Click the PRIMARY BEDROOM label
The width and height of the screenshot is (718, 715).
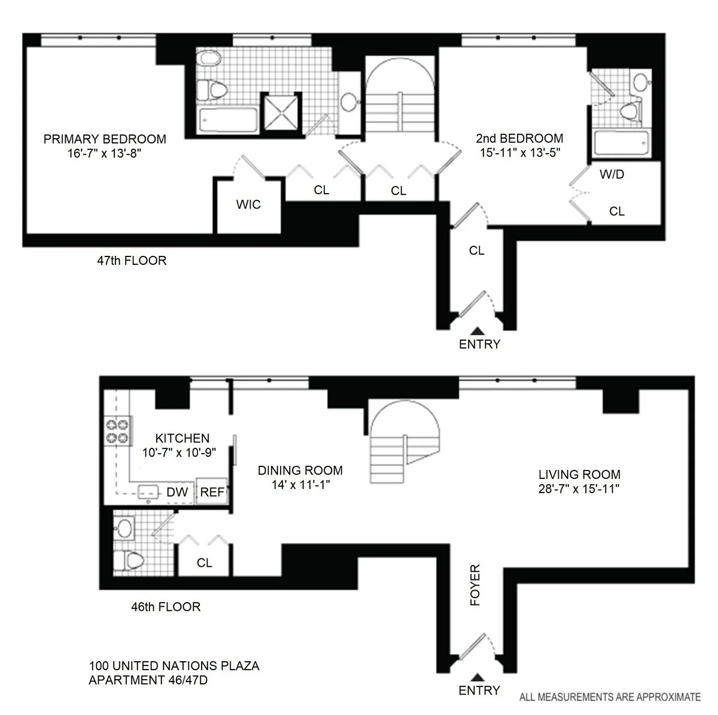point(105,139)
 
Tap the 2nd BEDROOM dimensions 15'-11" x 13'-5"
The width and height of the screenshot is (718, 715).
point(519,152)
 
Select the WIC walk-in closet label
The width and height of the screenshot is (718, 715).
point(248,205)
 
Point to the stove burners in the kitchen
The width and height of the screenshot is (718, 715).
point(117,431)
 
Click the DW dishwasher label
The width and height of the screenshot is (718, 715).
point(177,492)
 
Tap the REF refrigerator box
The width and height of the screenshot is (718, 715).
point(212,492)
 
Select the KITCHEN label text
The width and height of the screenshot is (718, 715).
point(182,439)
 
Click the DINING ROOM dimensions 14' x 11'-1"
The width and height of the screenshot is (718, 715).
point(300,485)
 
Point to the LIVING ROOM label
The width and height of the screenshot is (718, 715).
point(579,475)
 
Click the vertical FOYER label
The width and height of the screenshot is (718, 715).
point(476,585)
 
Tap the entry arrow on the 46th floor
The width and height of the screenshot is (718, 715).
point(477,678)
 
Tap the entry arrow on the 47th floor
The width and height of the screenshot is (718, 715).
point(477,331)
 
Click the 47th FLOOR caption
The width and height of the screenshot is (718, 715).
point(132,261)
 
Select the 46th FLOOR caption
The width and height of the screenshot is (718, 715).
point(166,607)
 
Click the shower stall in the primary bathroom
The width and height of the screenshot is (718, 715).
point(281,112)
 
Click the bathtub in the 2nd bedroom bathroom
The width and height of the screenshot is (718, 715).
point(621,144)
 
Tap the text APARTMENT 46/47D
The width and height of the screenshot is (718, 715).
point(148,680)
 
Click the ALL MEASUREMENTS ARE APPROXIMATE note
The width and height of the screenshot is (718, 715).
point(609,696)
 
